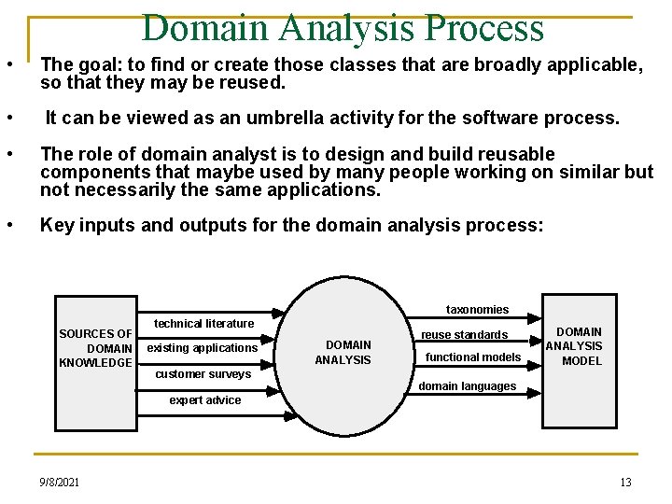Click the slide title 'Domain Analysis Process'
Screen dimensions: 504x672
point(343,28)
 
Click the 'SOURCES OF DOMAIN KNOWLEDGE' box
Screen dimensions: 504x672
point(96,348)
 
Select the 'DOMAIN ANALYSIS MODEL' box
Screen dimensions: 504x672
point(579,346)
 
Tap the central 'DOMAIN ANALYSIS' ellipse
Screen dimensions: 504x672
point(348,352)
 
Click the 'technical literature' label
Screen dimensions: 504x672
point(204,324)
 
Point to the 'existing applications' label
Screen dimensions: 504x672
point(203,348)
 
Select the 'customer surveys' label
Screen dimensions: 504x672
point(203,374)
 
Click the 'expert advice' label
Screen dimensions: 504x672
point(204,400)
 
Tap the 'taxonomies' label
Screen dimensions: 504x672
point(477,310)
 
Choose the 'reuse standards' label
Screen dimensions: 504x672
point(464,335)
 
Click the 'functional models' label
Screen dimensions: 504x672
point(473,357)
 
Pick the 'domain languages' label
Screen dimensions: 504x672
point(467,386)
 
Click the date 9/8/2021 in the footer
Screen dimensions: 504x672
point(59,483)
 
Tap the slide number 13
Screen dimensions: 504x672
point(625,483)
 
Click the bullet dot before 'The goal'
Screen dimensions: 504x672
point(8,65)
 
